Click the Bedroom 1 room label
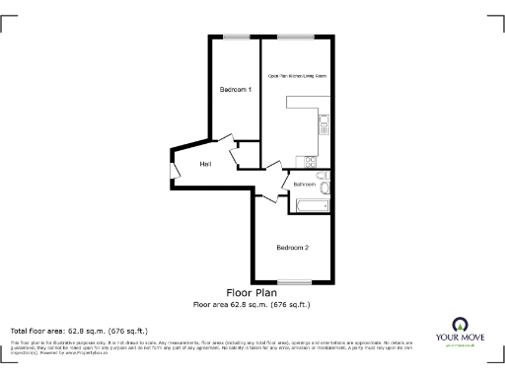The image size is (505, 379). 235,90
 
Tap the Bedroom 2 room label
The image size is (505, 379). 293,247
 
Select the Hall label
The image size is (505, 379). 205,164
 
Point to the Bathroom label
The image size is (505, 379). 304,185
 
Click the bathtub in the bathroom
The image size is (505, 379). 312,205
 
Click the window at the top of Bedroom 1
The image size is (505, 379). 236,37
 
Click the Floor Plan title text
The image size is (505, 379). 252,293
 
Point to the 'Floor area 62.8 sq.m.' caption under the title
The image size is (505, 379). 252,304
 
